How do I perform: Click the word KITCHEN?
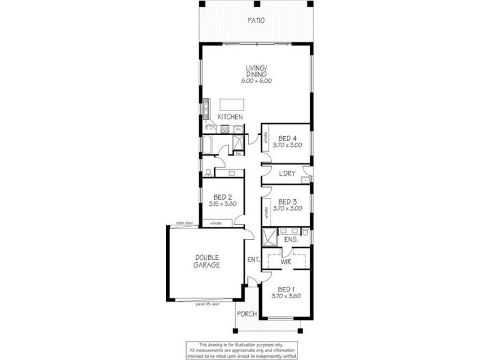coord(230,116)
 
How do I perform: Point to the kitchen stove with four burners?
coord(225,129)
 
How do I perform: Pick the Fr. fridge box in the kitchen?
coord(238,129)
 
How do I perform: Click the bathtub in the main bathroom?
coord(208,144)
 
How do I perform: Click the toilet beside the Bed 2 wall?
coord(208,173)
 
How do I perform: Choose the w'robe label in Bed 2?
coord(215,224)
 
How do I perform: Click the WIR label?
coord(286,262)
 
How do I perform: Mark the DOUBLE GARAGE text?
coord(206,261)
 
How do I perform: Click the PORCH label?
coord(247,314)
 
